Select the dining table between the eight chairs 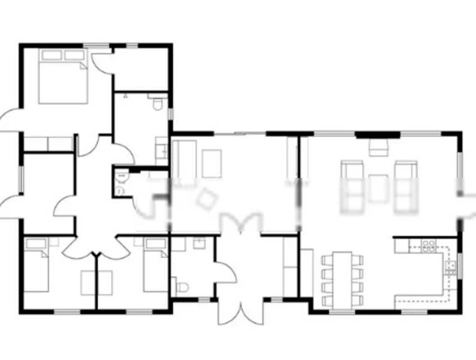pos(342,279)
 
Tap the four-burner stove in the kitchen pos(428,245)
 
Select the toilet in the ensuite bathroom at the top pos(158,105)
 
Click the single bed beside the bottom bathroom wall pos(155,265)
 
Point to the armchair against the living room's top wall pos(378,146)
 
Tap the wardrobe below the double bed pos(49,144)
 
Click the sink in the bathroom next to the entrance pos(200,243)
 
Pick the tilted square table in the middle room pos(207,197)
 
